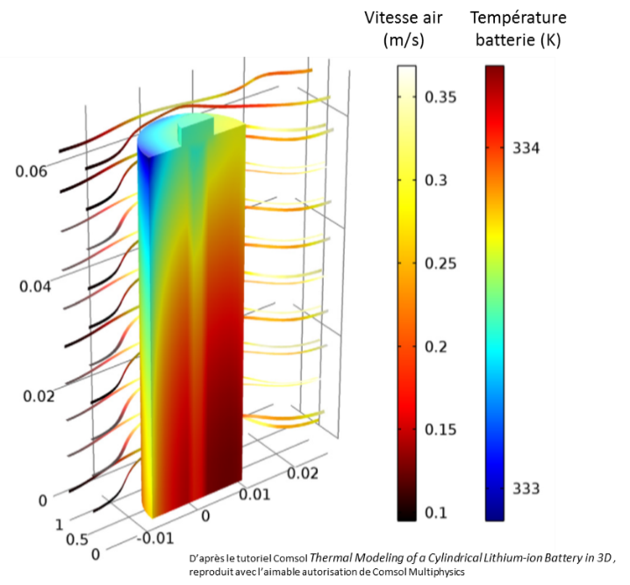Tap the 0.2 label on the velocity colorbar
(x=437, y=347)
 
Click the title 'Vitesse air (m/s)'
(x=405, y=28)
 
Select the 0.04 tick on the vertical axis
(x=33, y=286)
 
